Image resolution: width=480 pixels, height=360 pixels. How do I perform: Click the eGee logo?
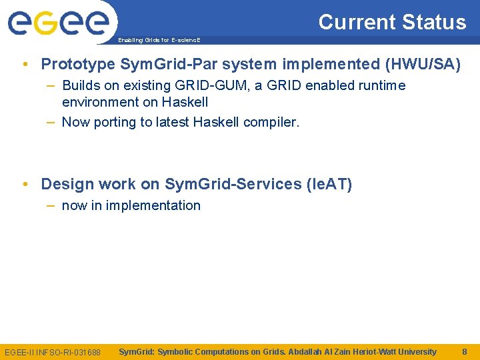click(58, 23)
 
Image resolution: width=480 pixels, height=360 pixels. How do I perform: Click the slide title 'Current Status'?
click(392, 22)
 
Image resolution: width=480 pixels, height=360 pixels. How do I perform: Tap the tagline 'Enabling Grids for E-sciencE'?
click(159, 40)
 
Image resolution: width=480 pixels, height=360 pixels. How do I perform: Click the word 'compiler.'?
click(271, 122)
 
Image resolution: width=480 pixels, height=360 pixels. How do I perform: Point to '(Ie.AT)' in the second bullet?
click(329, 184)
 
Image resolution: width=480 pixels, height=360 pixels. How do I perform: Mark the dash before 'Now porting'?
click(51, 122)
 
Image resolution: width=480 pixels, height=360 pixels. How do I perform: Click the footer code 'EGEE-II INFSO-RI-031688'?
click(53, 352)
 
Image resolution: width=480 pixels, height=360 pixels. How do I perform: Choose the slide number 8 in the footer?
click(464, 351)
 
